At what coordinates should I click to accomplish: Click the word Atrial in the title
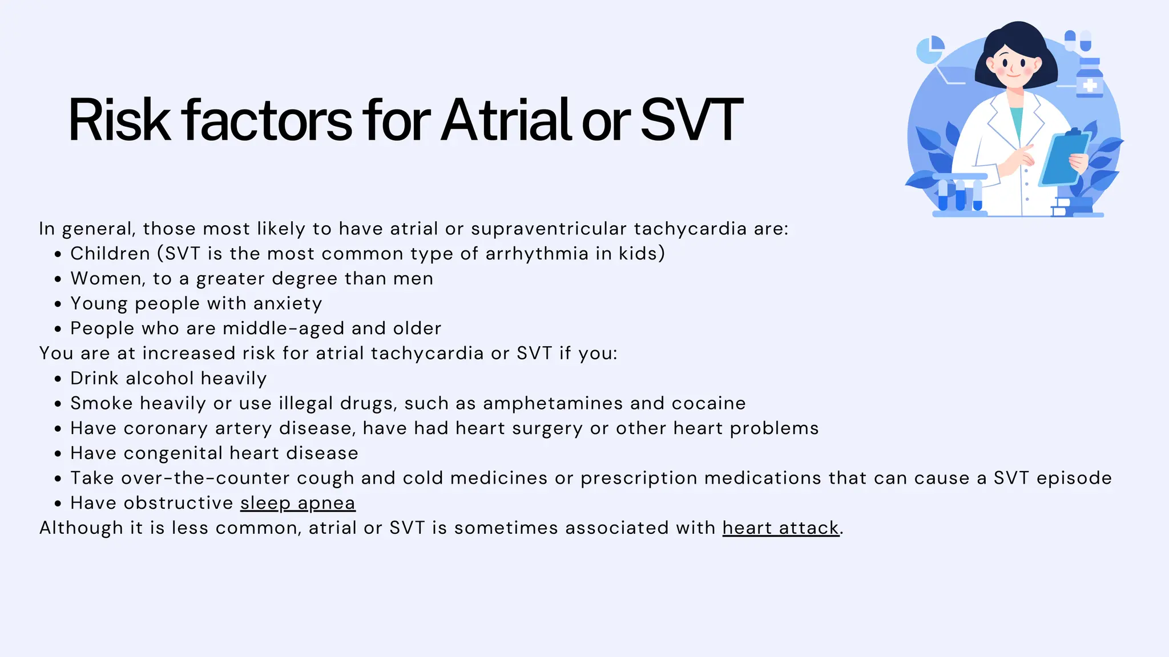tap(506, 121)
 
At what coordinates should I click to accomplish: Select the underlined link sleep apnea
tap(297, 503)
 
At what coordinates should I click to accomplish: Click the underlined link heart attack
tap(780, 528)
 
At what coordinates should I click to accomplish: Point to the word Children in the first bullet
tap(110, 254)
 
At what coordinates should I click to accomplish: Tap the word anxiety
tap(288, 303)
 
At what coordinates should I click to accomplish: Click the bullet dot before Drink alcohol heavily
tap(58, 379)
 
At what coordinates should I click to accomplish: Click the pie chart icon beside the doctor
tap(930, 50)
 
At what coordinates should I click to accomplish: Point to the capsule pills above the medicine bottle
tap(1078, 40)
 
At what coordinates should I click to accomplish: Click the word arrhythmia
tap(537, 254)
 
